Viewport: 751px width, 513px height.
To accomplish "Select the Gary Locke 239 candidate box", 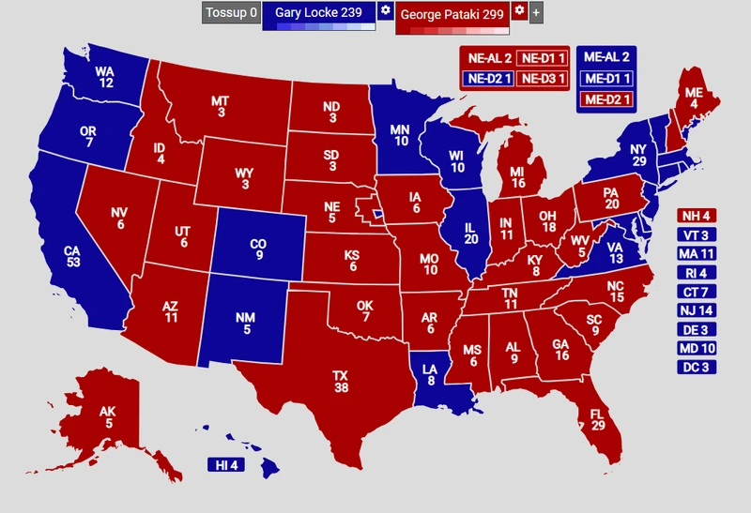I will point(318,12).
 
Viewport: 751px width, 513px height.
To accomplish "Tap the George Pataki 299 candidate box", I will point(452,14).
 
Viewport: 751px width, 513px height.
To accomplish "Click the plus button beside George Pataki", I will point(536,13).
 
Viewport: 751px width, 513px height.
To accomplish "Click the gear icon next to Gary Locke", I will point(385,11).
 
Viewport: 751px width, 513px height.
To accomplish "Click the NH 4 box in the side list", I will point(697,216).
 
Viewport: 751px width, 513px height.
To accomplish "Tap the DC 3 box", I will point(697,367).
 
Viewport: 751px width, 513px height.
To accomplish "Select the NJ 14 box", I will point(697,310).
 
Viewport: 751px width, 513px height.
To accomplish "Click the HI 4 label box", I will point(227,465).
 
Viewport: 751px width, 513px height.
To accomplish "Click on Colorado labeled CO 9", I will point(257,249).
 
